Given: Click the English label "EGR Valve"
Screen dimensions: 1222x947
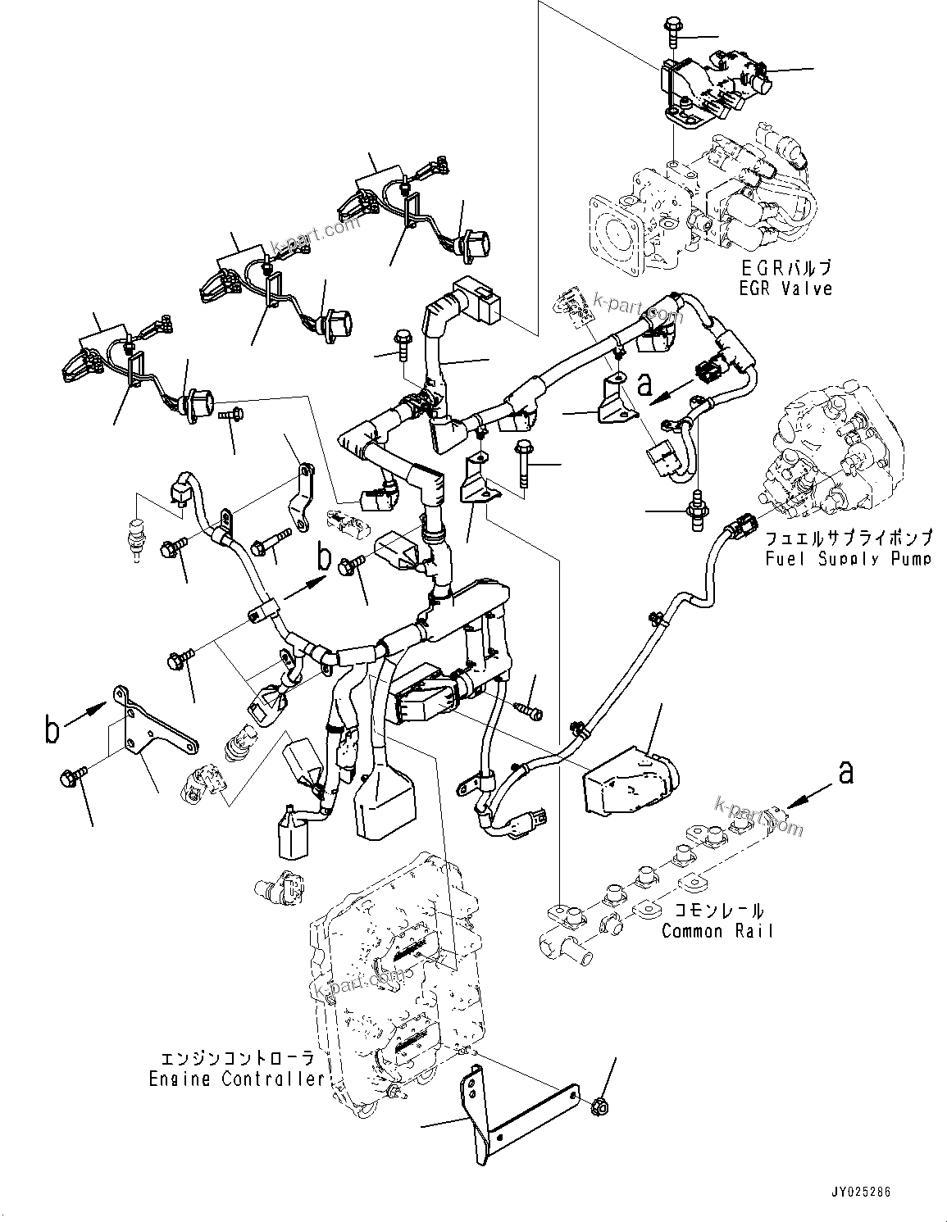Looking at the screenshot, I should (x=785, y=288).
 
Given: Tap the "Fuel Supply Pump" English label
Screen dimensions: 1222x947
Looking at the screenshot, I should (x=848, y=559).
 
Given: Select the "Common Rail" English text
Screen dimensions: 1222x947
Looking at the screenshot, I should (x=717, y=931).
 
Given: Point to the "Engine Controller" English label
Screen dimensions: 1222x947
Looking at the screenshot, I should (x=237, y=1079).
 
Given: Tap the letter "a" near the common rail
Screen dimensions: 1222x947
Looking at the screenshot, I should (x=845, y=772).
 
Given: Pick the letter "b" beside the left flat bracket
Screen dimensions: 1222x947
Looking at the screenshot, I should (x=52, y=729).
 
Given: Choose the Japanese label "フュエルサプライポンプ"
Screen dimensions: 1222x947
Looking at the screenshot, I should (x=848, y=539).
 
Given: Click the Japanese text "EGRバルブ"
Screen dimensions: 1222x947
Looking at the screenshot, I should (x=785, y=269).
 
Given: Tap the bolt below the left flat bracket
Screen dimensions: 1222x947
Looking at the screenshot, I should (x=69, y=777).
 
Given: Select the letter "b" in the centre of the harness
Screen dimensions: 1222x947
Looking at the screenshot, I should (x=325, y=559).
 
